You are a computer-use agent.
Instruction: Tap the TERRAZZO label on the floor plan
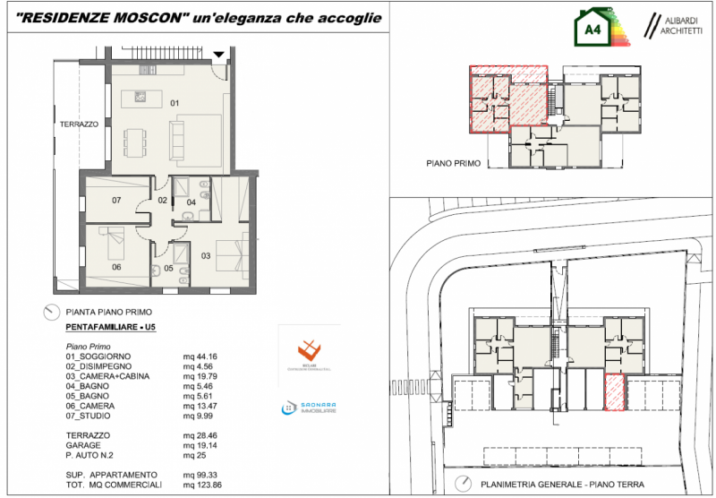pos(79,124)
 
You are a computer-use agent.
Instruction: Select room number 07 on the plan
pos(116,201)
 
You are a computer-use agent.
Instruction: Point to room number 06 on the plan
pos(116,267)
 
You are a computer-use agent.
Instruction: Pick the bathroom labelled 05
pos(168,268)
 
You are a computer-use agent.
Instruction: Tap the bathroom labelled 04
pos(191,202)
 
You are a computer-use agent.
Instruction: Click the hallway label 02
pos(163,200)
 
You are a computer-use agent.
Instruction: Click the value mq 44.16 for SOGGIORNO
pos(200,356)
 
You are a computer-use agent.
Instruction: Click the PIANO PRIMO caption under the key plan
pos(455,164)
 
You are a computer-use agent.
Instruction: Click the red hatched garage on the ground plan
pos(614,392)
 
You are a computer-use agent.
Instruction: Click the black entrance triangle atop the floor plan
pos(219,56)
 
